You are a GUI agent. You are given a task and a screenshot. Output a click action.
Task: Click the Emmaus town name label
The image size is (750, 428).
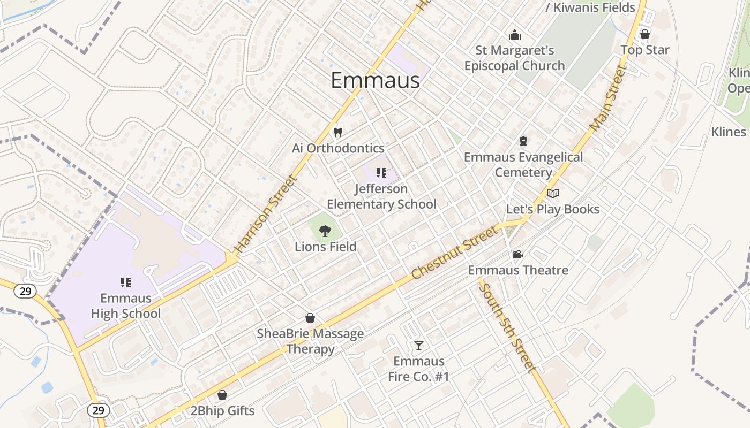(375, 80)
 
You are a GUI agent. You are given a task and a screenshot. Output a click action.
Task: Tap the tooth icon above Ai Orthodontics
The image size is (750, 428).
(337, 132)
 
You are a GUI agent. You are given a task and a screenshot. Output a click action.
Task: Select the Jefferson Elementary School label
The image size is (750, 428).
(381, 196)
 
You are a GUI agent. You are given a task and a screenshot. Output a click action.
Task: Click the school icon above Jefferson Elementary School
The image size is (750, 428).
(381, 172)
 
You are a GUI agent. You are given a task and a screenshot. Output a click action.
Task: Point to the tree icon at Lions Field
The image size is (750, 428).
(325, 231)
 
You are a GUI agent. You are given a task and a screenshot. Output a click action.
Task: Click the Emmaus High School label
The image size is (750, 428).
(126, 305)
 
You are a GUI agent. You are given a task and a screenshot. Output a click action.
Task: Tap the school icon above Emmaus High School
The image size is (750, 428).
(126, 282)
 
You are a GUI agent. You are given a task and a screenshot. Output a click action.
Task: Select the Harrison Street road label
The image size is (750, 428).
(265, 214)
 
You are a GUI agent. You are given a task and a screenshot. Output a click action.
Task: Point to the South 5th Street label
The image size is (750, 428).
(506, 327)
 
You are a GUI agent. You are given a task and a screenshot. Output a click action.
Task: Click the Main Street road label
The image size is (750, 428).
(607, 98)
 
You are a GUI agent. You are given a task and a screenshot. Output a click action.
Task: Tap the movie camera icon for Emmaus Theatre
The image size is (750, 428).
(517, 255)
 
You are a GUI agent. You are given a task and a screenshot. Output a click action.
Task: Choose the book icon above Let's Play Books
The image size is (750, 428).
(553, 193)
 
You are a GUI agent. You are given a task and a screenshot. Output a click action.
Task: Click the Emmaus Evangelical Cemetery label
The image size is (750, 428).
(523, 165)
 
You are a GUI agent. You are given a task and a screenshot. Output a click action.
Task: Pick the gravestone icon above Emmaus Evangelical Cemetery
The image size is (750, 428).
(523, 141)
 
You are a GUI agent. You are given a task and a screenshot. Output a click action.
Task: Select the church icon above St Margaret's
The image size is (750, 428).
(515, 35)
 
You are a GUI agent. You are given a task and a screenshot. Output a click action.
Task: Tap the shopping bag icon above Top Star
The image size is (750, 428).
(645, 34)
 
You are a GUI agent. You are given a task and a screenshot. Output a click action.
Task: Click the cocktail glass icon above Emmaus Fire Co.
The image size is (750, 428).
(418, 345)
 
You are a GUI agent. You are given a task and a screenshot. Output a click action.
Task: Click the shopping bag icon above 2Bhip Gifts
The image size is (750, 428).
(222, 395)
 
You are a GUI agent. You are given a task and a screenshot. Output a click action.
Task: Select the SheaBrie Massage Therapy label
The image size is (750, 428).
(310, 341)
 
